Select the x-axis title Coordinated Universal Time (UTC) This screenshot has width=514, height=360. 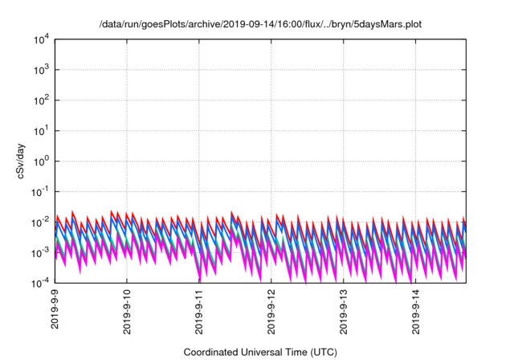259,352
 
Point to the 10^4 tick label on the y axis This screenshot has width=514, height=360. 42,39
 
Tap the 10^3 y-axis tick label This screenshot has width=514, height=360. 42,70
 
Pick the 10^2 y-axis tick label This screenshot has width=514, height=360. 42,100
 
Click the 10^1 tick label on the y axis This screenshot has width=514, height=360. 42,130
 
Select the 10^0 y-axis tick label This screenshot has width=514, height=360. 42,161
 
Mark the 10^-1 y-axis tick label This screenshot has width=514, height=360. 40,191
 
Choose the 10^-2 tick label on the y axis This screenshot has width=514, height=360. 40,222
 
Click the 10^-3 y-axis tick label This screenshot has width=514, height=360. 40,252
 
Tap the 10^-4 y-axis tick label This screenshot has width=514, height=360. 40,283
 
